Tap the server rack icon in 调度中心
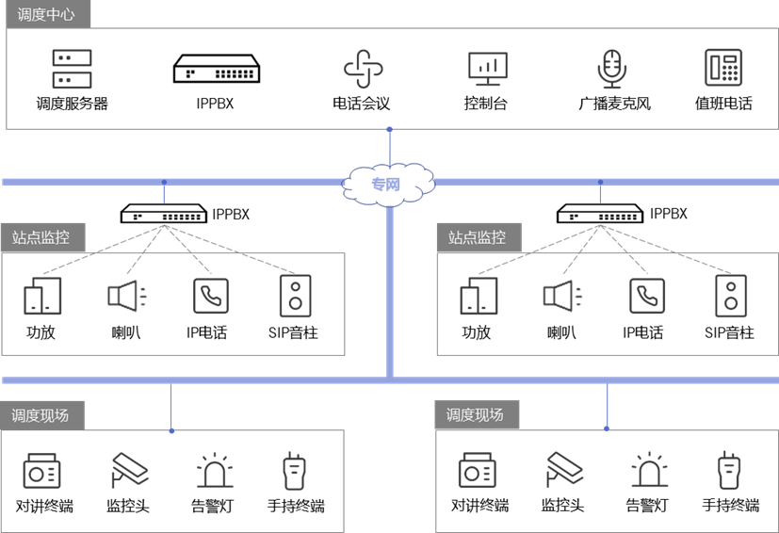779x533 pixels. [73, 70]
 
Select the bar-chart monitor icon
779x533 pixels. [488, 69]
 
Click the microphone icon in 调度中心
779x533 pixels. [612, 69]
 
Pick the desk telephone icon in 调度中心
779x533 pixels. [723, 69]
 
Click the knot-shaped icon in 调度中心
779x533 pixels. [364, 69]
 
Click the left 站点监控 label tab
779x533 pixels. [42, 237]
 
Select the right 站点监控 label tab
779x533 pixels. [479, 237]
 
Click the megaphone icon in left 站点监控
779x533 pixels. [127, 296]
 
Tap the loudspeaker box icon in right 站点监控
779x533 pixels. [731, 296]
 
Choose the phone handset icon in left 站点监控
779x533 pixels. [210, 296]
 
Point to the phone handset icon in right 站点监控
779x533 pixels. [647, 296]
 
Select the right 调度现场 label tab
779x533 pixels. [477, 415]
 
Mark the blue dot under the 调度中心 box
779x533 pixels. [389, 129]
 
